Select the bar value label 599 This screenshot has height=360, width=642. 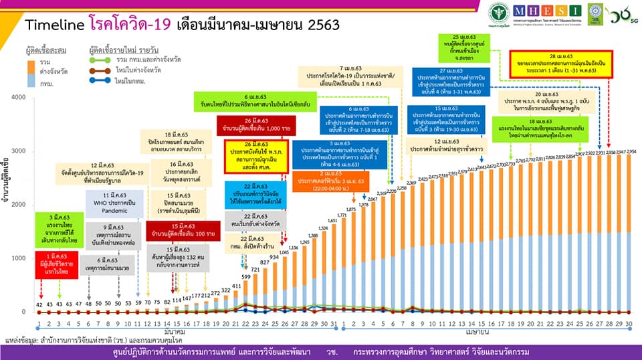pyautogui.click(x=246, y=276)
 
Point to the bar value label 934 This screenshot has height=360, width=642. pyautogui.click(x=274, y=257)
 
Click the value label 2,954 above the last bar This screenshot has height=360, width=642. pyautogui.click(x=631, y=153)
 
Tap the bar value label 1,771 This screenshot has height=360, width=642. pyautogui.click(x=342, y=215)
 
